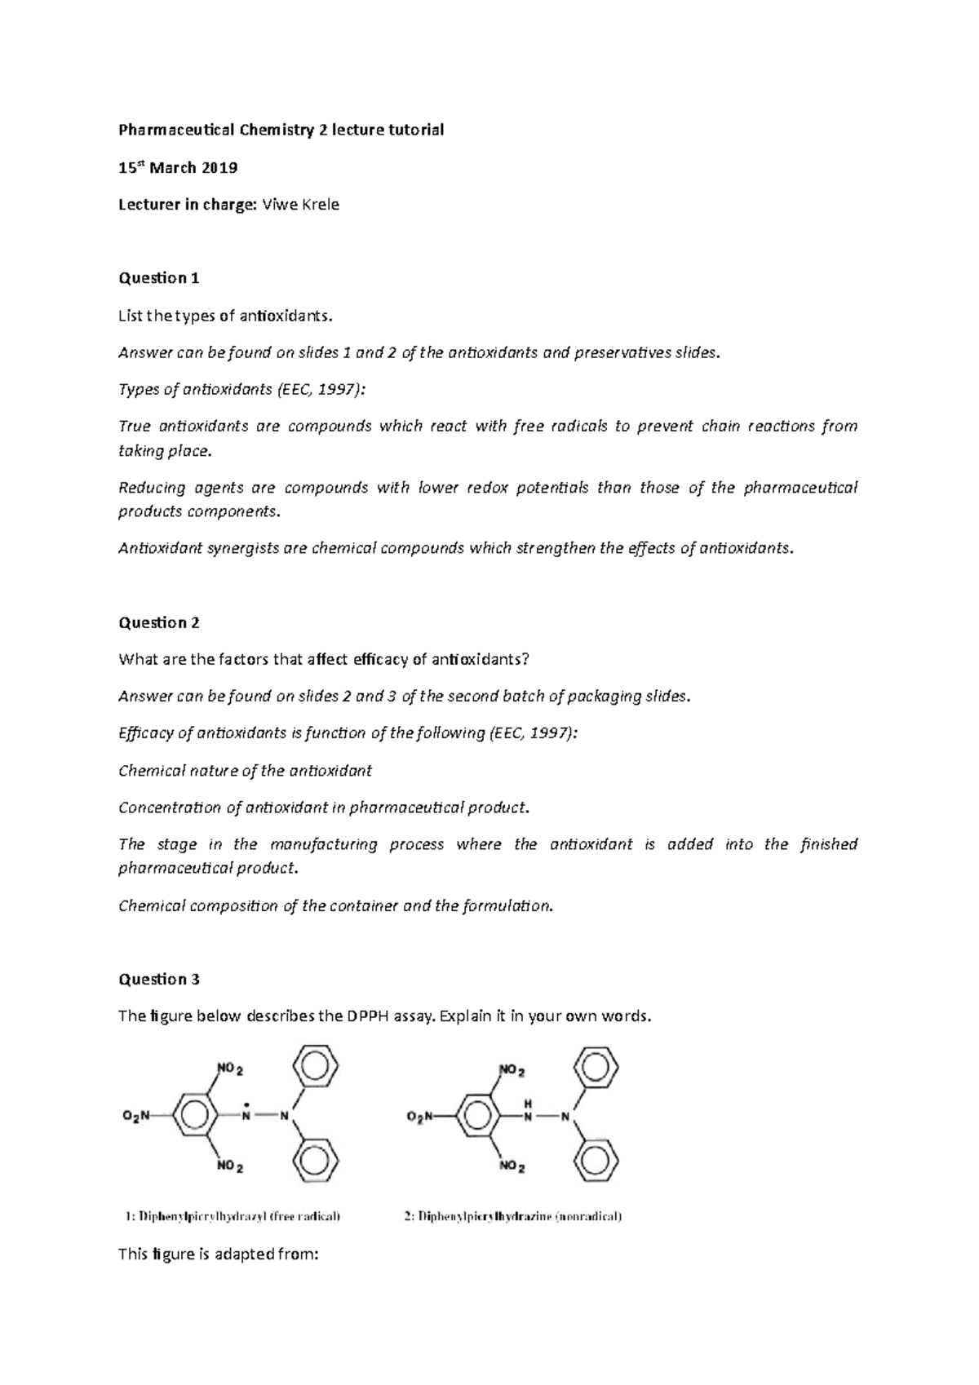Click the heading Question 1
pyautogui.click(x=159, y=278)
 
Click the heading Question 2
pyautogui.click(x=159, y=622)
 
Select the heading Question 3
pyautogui.click(x=159, y=979)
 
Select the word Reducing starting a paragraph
pyautogui.click(x=152, y=488)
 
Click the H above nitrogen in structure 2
pyautogui.click(x=528, y=1103)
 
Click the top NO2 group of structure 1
pyautogui.click(x=230, y=1069)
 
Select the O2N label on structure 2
pyautogui.click(x=421, y=1117)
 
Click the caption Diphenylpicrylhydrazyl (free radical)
pyautogui.click(x=233, y=1216)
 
